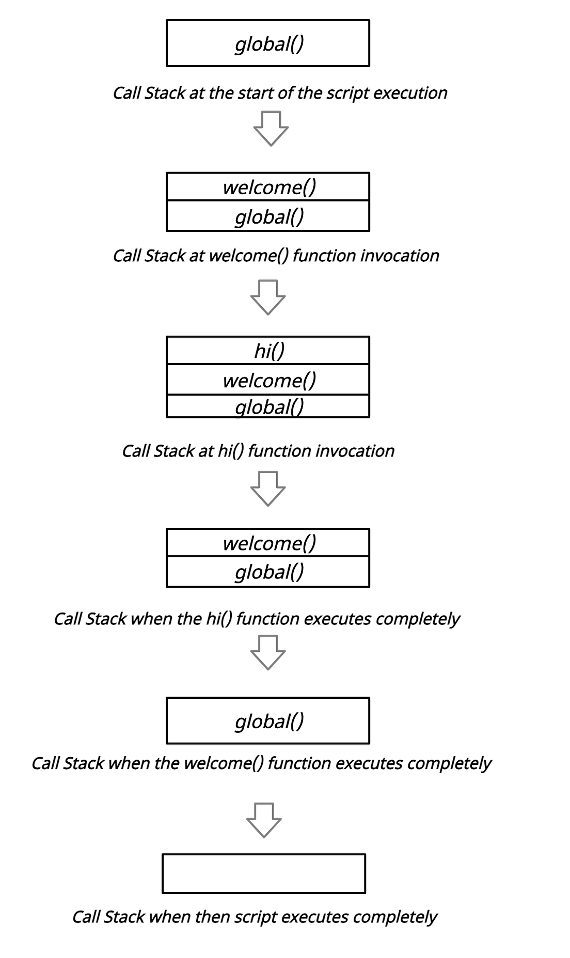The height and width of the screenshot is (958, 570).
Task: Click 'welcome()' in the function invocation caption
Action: [248, 256]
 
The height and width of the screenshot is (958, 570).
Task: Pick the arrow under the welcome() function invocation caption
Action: [268, 297]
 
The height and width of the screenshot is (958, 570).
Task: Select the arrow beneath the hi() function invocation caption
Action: [268, 489]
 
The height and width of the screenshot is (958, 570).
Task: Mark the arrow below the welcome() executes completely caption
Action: [264, 820]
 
